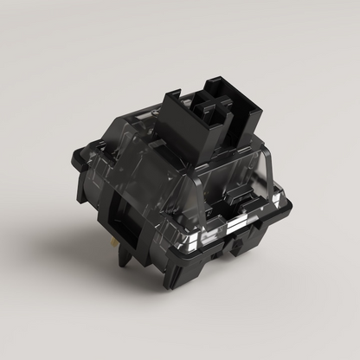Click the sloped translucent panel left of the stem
click(130, 156)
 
